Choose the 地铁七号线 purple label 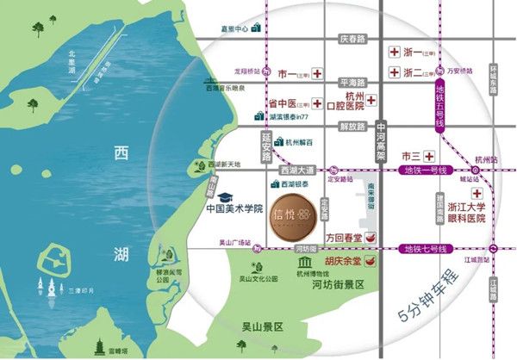tap(426, 249)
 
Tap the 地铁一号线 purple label tap(426, 171)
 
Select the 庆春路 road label tap(352, 39)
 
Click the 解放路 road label tap(352, 126)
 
